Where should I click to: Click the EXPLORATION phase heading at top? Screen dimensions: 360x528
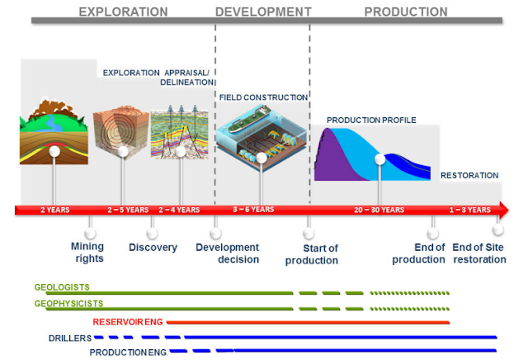[x=123, y=12]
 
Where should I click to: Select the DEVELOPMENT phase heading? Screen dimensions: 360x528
[x=263, y=12]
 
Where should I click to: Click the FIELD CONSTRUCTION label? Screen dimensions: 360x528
[x=263, y=97]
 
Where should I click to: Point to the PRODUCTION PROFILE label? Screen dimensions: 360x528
[x=371, y=120]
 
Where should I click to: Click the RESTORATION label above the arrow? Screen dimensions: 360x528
[x=469, y=175]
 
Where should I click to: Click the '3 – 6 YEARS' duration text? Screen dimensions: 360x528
[x=253, y=210]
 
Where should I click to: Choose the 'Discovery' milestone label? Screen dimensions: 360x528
[x=153, y=248]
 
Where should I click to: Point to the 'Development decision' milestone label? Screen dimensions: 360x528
[x=227, y=253]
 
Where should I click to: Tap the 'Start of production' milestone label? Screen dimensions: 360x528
[x=312, y=254]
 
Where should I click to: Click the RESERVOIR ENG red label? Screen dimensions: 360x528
[x=129, y=320]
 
